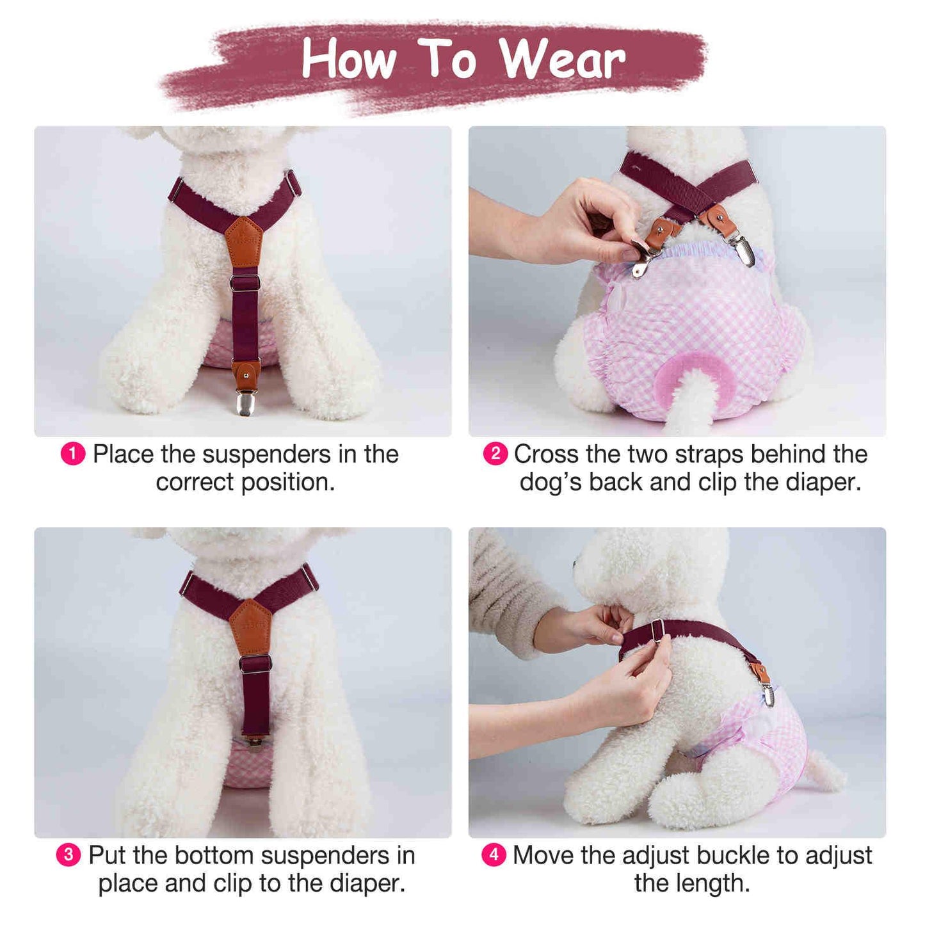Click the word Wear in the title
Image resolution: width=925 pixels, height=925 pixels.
pyautogui.click(x=563, y=59)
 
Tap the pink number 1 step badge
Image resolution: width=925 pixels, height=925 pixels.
pyautogui.click(x=73, y=454)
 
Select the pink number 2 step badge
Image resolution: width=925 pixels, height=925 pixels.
pyautogui.click(x=495, y=454)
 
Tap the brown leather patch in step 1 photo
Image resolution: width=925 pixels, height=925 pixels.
pyautogui.click(x=245, y=241)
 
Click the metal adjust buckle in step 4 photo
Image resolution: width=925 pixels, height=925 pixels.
pyautogui.click(x=657, y=627)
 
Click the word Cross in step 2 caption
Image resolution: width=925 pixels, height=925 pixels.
pyautogui.click(x=546, y=454)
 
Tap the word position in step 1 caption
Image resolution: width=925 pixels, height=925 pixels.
pyautogui.click(x=288, y=483)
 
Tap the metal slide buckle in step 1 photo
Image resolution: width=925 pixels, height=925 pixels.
pyautogui.click(x=245, y=282)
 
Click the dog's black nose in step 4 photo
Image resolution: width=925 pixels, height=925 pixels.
pyautogui.click(x=575, y=561)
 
